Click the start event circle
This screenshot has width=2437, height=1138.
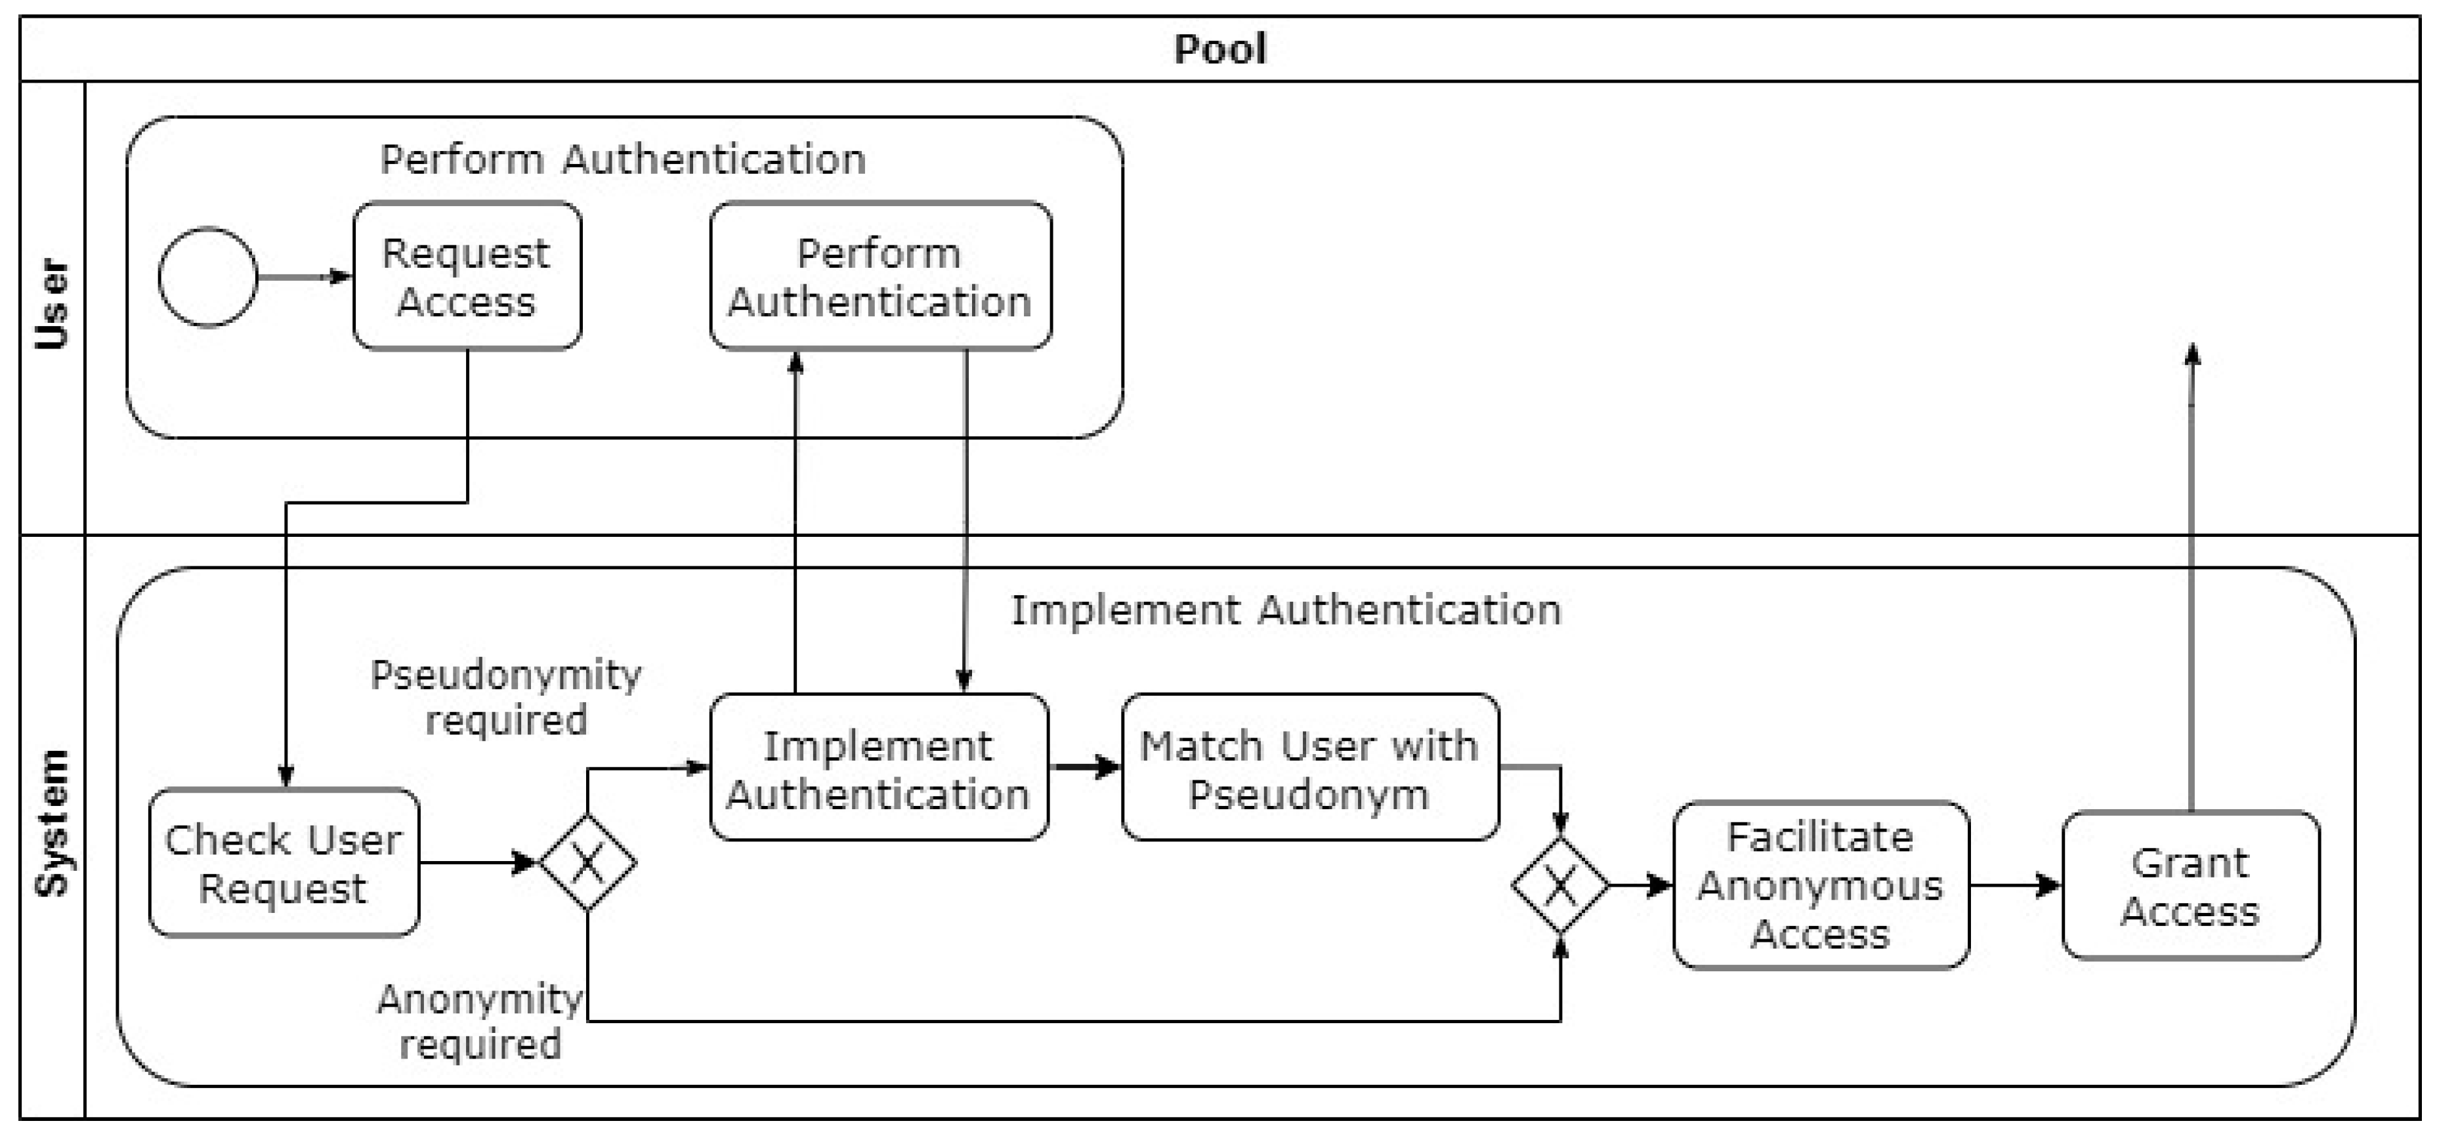[208, 277]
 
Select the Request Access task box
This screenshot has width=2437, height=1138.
[467, 276]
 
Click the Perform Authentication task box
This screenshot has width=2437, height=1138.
[879, 276]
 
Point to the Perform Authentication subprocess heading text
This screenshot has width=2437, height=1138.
[622, 159]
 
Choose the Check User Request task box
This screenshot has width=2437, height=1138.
[284, 863]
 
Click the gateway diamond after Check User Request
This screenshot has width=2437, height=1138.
[587, 863]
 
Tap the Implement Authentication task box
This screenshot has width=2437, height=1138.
[878, 768]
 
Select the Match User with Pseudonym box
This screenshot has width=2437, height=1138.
[1309, 768]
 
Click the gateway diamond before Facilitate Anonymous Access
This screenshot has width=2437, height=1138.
[1560, 885]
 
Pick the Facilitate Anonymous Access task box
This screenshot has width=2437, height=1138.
[1820, 885]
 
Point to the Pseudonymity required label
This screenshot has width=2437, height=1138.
[506, 697]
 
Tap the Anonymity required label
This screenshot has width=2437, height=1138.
[480, 1022]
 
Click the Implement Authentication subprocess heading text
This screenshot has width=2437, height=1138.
[1286, 610]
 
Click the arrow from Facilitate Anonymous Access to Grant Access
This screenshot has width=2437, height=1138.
[2015, 885]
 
